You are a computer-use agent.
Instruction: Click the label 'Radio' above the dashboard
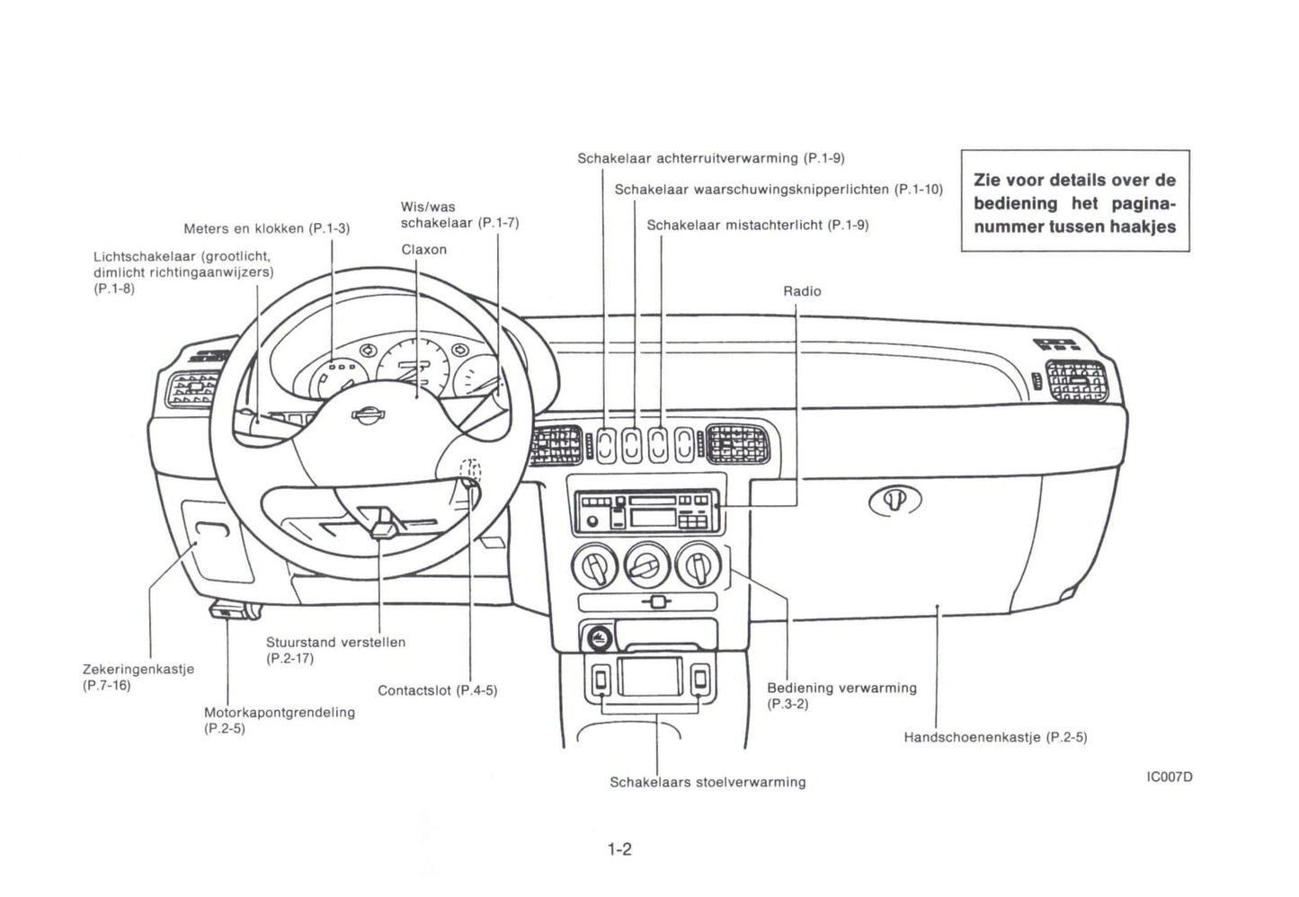(802, 291)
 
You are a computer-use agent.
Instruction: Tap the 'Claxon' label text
(423, 250)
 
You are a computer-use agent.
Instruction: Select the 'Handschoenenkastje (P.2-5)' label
(995, 738)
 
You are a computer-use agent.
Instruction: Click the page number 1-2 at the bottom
(619, 849)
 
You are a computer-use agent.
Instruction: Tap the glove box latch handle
(894, 501)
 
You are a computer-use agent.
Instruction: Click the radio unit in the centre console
(646, 512)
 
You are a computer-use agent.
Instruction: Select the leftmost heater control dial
(594, 566)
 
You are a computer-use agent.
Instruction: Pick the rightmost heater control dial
(698, 564)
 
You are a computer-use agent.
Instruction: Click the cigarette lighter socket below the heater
(599, 639)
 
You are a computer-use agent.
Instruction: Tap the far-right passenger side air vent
(1076, 380)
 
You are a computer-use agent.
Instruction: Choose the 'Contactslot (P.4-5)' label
(437, 691)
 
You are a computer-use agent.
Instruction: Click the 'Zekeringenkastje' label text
(138, 670)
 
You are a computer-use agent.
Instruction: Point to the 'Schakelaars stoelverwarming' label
(707, 783)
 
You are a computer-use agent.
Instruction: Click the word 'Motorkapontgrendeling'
(280, 713)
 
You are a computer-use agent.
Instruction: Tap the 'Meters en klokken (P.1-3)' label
(266, 229)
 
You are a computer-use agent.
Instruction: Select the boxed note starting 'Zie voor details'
(1074, 201)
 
